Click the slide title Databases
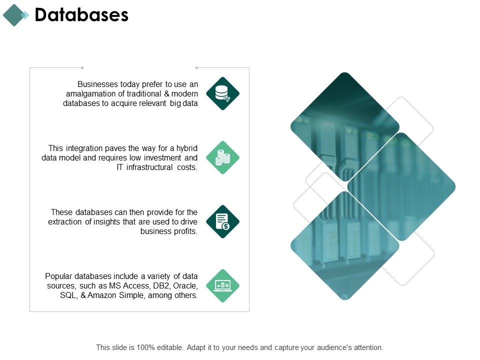click(81, 15)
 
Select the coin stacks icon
click(222, 158)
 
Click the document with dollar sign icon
click(222, 221)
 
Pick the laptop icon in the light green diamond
click(222, 285)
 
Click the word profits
click(186, 231)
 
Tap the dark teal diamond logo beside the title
click(13, 15)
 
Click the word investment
click(165, 158)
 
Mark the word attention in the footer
click(368, 347)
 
